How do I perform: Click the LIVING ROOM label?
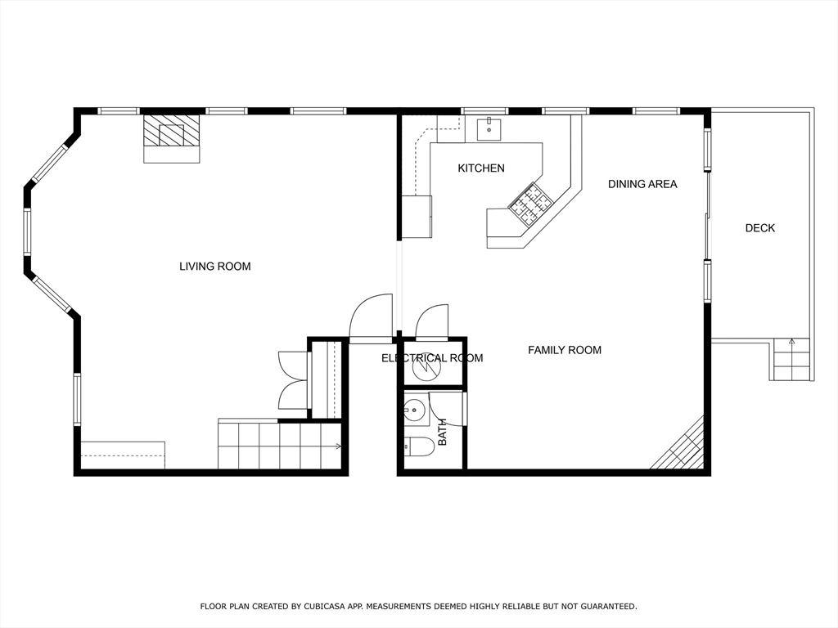click(x=214, y=266)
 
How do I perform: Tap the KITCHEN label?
click(x=480, y=168)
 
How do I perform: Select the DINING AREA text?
click(x=642, y=184)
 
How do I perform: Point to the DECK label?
click(x=759, y=228)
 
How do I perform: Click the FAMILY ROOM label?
click(x=564, y=350)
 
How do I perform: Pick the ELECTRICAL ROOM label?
click(x=431, y=357)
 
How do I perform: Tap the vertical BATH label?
click(x=443, y=432)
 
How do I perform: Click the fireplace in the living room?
click(x=172, y=137)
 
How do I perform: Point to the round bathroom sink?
click(x=414, y=409)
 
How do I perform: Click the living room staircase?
click(x=279, y=446)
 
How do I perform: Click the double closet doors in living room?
click(x=292, y=380)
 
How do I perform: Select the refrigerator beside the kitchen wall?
click(x=417, y=217)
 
